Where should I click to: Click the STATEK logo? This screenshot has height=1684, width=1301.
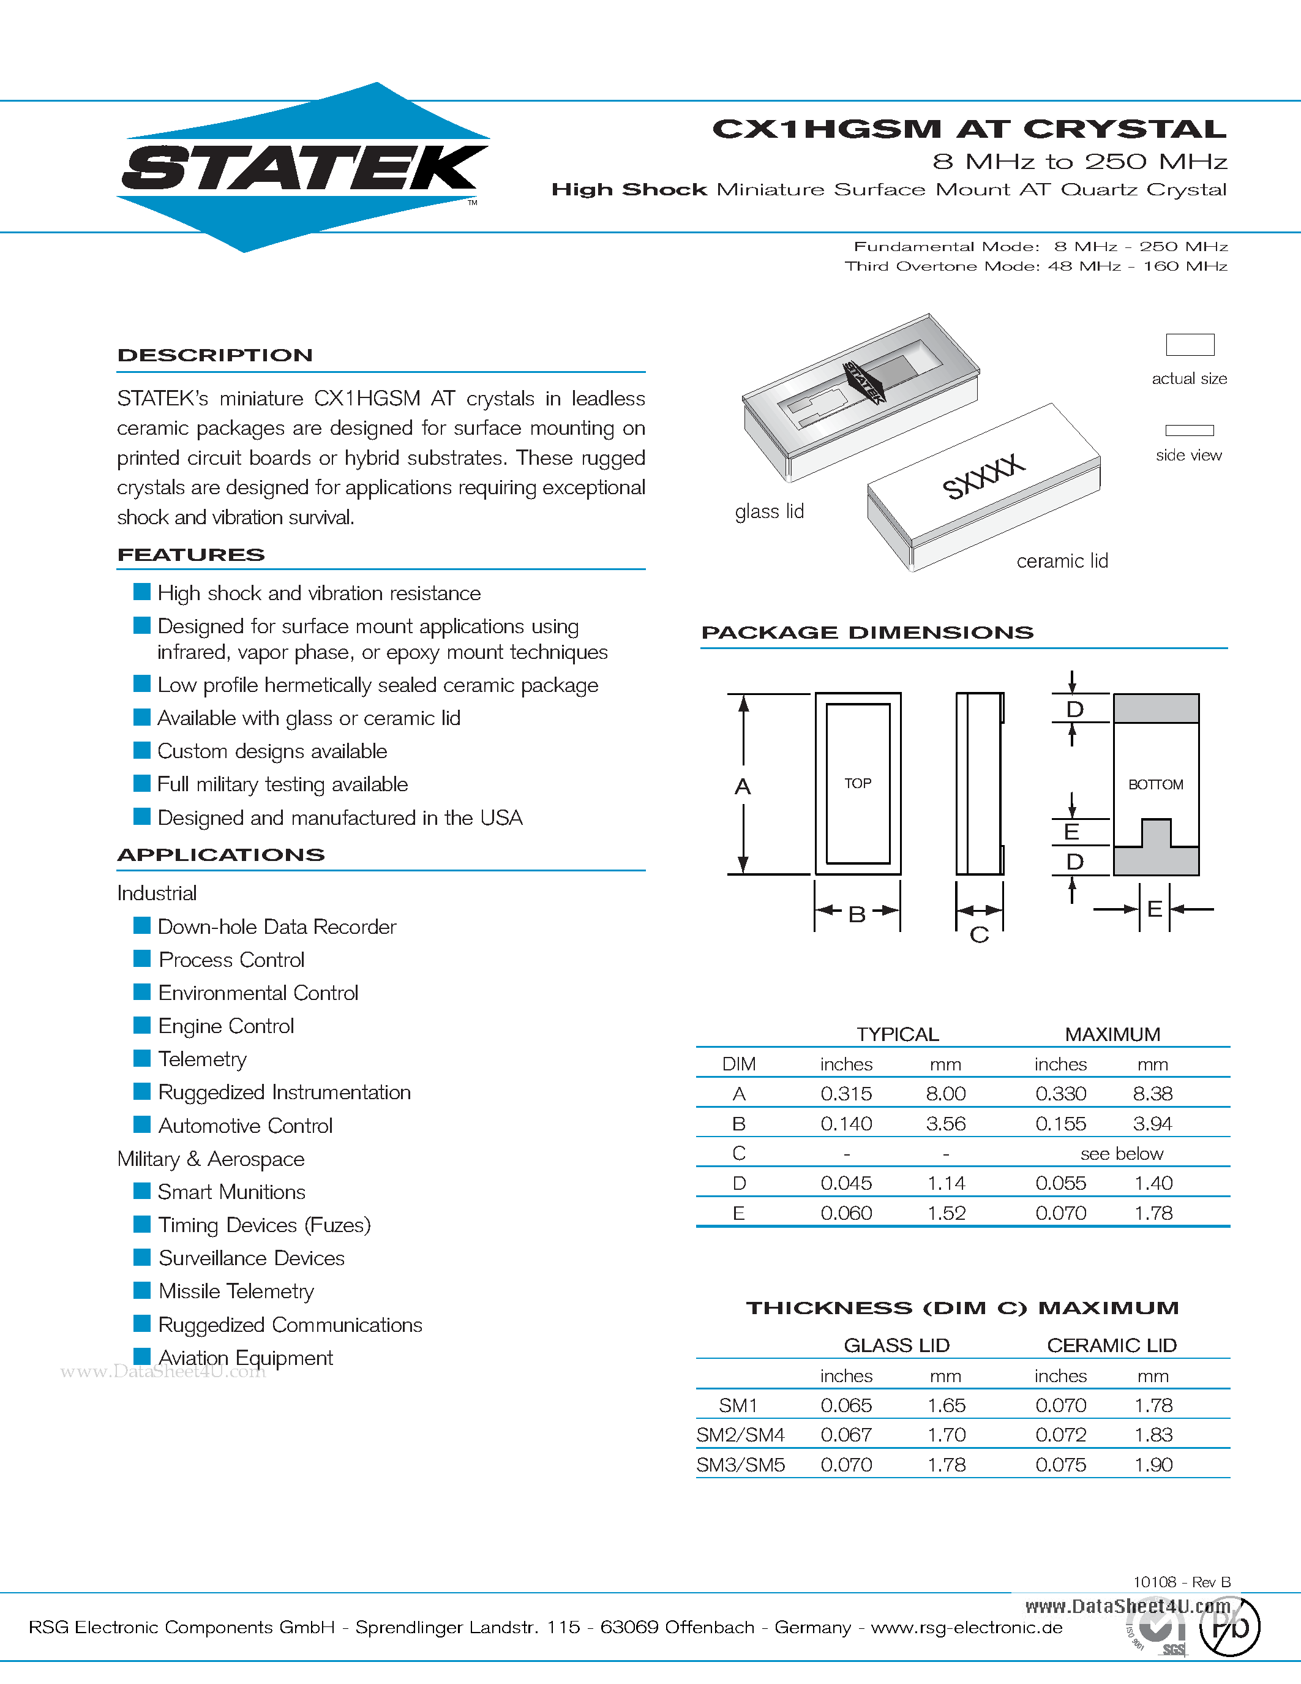coord(304,167)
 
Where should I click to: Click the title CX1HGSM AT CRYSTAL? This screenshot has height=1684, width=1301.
coord(969,129)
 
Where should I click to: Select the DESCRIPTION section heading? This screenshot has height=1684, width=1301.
coord(215,355)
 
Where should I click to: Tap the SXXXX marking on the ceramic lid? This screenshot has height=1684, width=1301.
coord(983,476)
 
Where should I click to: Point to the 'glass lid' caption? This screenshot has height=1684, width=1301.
coord(769,511)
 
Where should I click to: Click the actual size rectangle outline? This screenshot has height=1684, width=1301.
coord(1189,345)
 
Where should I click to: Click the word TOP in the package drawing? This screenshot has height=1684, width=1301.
coord(857,783)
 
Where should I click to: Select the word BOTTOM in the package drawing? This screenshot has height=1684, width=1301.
coord(1155,785)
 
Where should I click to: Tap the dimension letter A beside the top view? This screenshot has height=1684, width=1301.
coord(742,786)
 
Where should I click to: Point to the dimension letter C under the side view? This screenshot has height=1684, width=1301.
coord(979,934)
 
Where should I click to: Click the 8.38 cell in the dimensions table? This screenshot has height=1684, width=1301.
coord(1152,1093)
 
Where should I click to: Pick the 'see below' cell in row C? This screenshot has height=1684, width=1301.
coord(1122,1154)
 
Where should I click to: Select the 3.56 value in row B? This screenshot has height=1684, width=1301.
coord(946,1124)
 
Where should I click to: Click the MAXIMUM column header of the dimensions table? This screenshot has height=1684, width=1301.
coord(1112,1034)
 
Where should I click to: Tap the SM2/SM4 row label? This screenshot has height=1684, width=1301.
coord(740,1435)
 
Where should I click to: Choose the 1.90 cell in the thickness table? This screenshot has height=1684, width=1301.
coord(1153,1465)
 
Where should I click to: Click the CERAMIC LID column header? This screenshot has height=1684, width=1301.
coord(1111,1345)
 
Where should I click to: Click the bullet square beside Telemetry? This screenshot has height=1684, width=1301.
coord(142,1058)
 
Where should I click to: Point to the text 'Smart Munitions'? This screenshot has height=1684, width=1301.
coord(232,1192)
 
